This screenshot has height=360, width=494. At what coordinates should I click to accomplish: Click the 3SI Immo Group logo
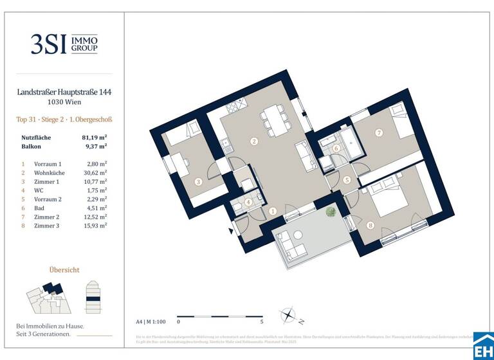pyautogui.click(x=64, y=44)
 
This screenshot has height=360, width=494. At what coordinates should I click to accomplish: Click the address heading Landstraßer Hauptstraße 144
pyautogui.click(x=64, y=92)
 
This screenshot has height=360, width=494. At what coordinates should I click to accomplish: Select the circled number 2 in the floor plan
pyautogui.click(x=254, y=141)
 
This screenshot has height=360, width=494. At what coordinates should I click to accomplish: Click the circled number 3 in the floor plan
pyautogui.click(x=198, y=182)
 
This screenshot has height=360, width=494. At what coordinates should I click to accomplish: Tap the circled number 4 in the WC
pyautogui.click(x=248, y=201)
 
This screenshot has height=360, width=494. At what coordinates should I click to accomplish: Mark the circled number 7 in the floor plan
pyautogui.click(x=380, y=133)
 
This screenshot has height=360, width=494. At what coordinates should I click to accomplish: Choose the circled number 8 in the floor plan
pyautogui.click(x=370, y=225)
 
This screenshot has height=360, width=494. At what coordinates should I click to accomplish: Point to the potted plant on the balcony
pyautogui.click(x=331, y=212)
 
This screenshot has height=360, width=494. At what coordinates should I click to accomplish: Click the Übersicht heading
pyautogui.click(x=64, y=270)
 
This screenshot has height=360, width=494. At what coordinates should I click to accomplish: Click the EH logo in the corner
pyautogui.click(x=482, y=347)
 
